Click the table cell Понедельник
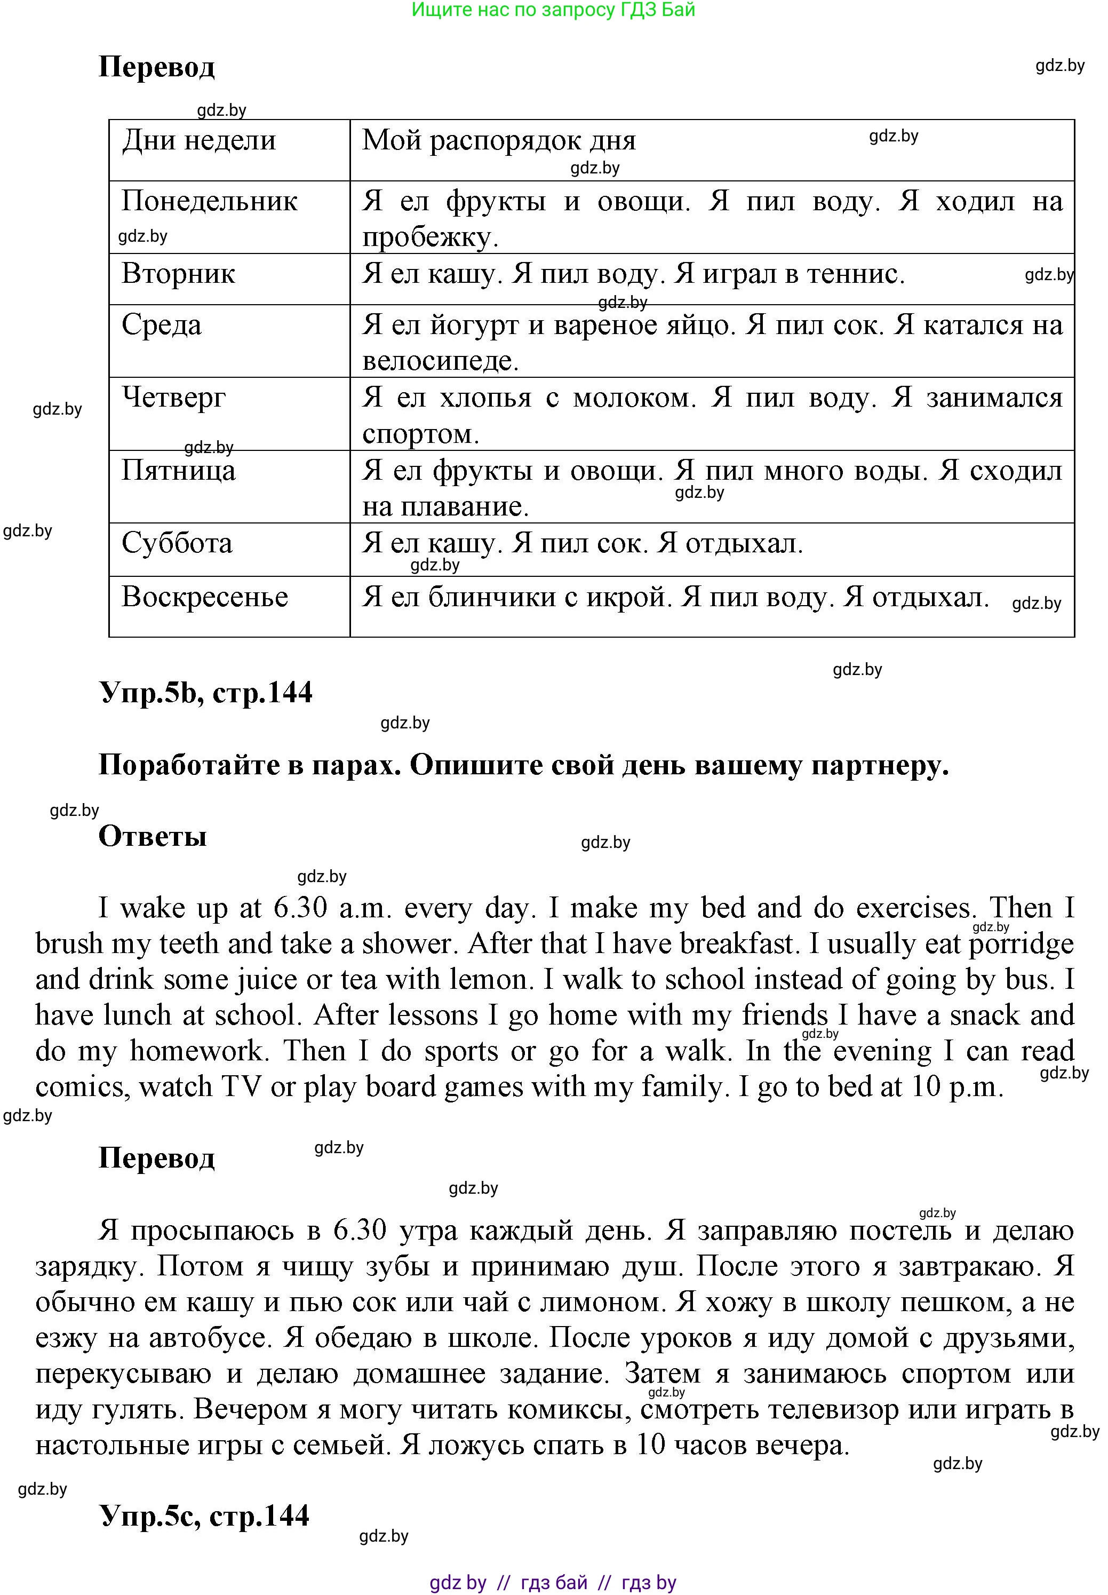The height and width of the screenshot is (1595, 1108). pyautogui.click(x=209, y=201)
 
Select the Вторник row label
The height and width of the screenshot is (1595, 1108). pyautogui.click(x=178, y=274)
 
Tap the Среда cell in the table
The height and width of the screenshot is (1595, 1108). pyautogui.click(x=162, y=325)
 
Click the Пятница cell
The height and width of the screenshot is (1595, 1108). pyautogui.click(x=178, y=470)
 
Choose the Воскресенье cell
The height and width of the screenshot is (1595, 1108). pyautogui.click(x=205, y=597)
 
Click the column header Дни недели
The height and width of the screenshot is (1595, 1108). pyautogui.click(x=199, y=141)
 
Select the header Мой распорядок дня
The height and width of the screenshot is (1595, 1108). pyautogui.click(x=498, y=141)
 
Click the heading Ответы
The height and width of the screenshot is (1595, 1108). pyautogui.click(x=153, y=836)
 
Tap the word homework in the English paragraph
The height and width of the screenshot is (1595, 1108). pyautogui.click(x=198, y=1051)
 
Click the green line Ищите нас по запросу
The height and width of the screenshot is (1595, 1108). pyautogui.click(x=553, y=10)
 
